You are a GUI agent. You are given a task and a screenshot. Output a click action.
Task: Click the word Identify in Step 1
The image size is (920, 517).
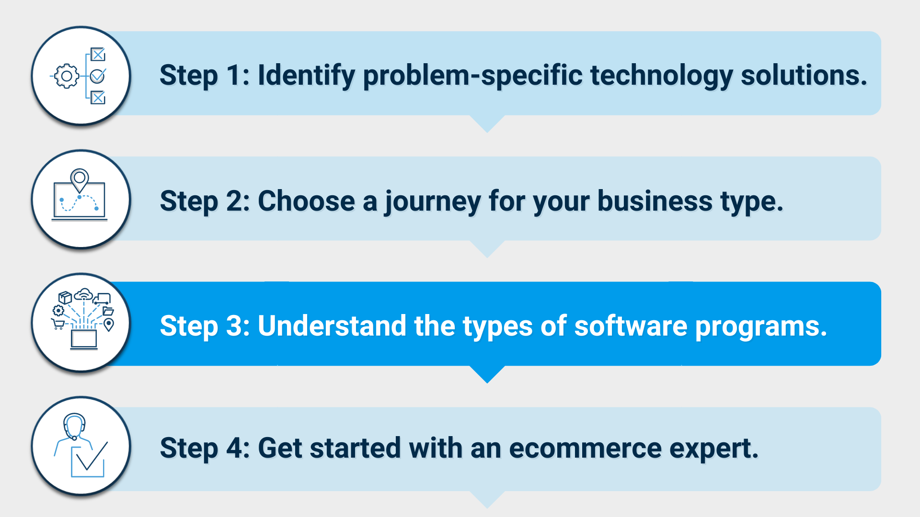(306, 76)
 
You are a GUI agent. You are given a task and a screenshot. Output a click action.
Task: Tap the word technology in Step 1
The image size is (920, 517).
(661, 76)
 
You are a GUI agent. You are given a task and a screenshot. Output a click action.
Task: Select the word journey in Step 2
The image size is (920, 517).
(433, 202)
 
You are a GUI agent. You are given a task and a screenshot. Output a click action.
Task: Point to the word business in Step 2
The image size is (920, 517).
(655, 201)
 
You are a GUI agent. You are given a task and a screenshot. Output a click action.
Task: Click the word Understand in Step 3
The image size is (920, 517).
(332, 326)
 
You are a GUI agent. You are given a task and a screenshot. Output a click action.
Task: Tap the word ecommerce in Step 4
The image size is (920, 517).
(585, 448)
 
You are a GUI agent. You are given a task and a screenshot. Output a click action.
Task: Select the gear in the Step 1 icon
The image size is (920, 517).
(67, 76)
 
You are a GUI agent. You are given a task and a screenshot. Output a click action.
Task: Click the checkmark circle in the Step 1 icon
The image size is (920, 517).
(98, 76)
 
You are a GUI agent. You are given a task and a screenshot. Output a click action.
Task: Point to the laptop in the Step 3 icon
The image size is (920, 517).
(84, 339)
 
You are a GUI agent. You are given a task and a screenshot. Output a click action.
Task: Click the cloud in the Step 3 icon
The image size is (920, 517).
(84, 293)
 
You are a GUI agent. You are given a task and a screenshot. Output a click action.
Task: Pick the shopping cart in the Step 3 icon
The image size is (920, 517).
(58, 324)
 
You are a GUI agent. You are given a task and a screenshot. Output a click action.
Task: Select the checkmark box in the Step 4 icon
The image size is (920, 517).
(88, 461)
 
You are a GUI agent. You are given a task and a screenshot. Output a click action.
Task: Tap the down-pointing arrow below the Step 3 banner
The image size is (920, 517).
(487, 374)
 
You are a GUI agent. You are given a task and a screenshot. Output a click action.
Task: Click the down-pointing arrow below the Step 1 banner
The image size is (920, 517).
(487, 124)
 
